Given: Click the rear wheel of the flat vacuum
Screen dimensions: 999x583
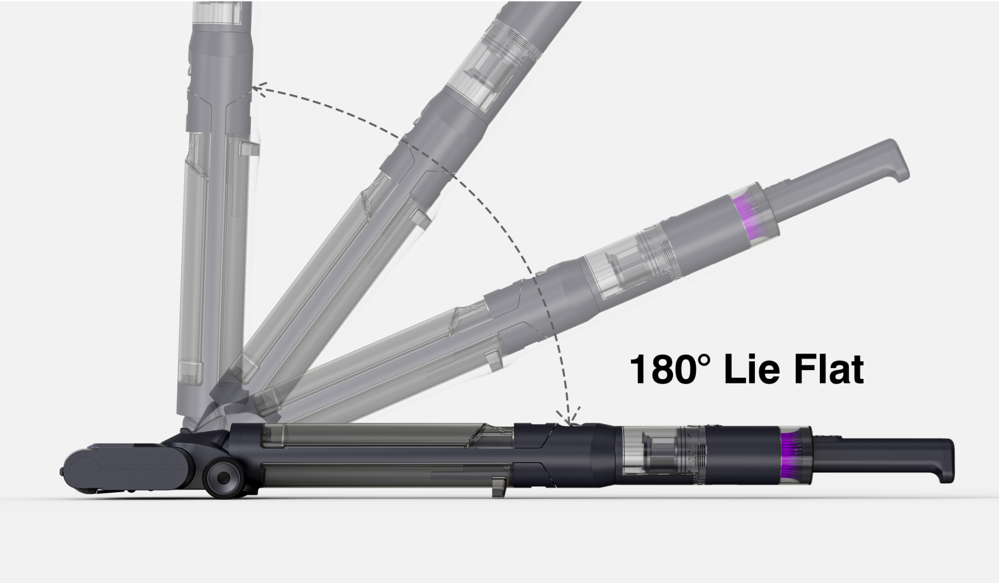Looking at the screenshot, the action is pos(223,477).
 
